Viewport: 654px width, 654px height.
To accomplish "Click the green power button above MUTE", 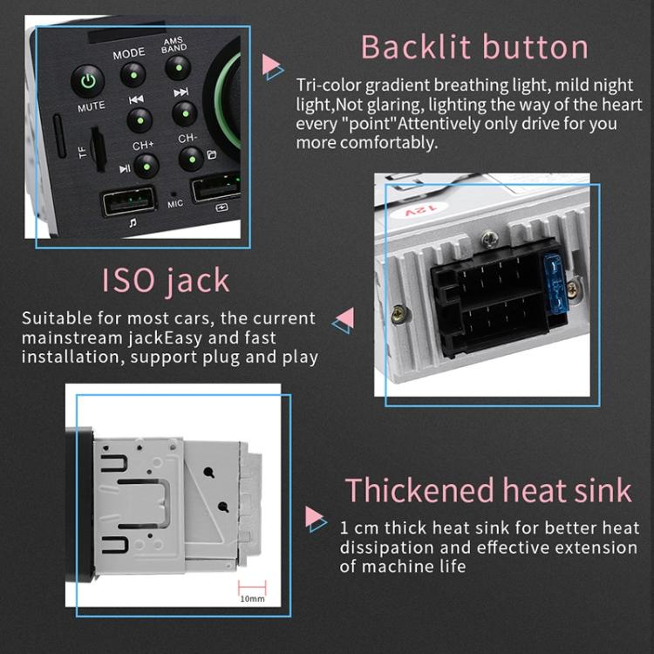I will click(x=87, y=82).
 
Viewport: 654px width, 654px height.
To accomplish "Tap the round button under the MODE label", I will click(x=132, y=76).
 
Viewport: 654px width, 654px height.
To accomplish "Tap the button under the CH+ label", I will click(x=146, y=165).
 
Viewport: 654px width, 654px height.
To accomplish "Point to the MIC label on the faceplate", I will click(x=175, y=205).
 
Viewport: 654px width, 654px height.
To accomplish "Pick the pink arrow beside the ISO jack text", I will click(x=344, y=319).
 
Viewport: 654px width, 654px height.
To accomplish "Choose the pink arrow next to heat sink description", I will click(x=316, y=518).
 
